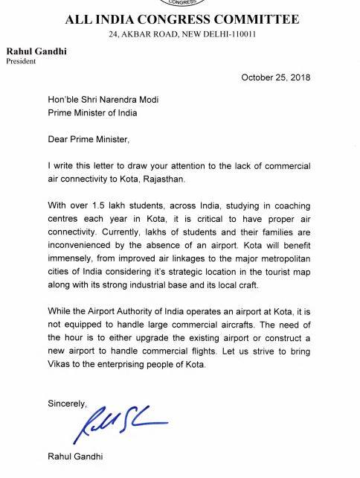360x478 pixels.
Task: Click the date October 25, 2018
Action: (x=275, y=77)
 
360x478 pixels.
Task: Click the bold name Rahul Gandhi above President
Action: (x=33, y=50)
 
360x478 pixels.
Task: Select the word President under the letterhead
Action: (x=22, y=60)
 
